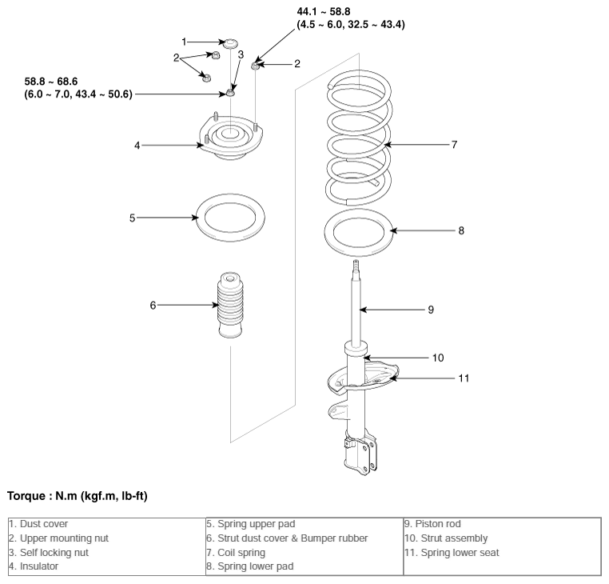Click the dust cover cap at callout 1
click(x=231, y=43)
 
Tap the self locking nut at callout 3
click(x=231, y=93)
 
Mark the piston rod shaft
click(x=356, y=303)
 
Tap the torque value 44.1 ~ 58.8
click(x=324, y=12)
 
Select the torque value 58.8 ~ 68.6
click(x=51, y=82)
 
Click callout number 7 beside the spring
click(x=454, y=145)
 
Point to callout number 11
click(x=464, y=378)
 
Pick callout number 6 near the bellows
click(x=153, y=306)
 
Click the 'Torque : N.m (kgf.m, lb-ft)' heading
click(x=78, y=496)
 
